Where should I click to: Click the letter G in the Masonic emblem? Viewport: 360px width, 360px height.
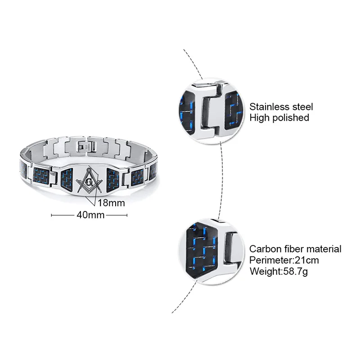tap(88, 182)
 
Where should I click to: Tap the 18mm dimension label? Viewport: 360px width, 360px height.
tap(111, 203)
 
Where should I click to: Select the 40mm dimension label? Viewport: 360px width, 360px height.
tap(90, 215)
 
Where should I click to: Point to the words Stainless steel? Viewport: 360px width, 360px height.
tap(281, 107)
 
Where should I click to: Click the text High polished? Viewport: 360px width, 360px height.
tap(279, 117)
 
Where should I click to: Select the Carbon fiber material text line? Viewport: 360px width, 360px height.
tap(295, 249)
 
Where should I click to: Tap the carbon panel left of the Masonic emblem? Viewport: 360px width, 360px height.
tap(67, 179)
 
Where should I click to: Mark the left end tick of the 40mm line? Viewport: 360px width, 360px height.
tap(52, 215)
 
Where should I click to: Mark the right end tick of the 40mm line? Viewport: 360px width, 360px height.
tap(127, 215)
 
